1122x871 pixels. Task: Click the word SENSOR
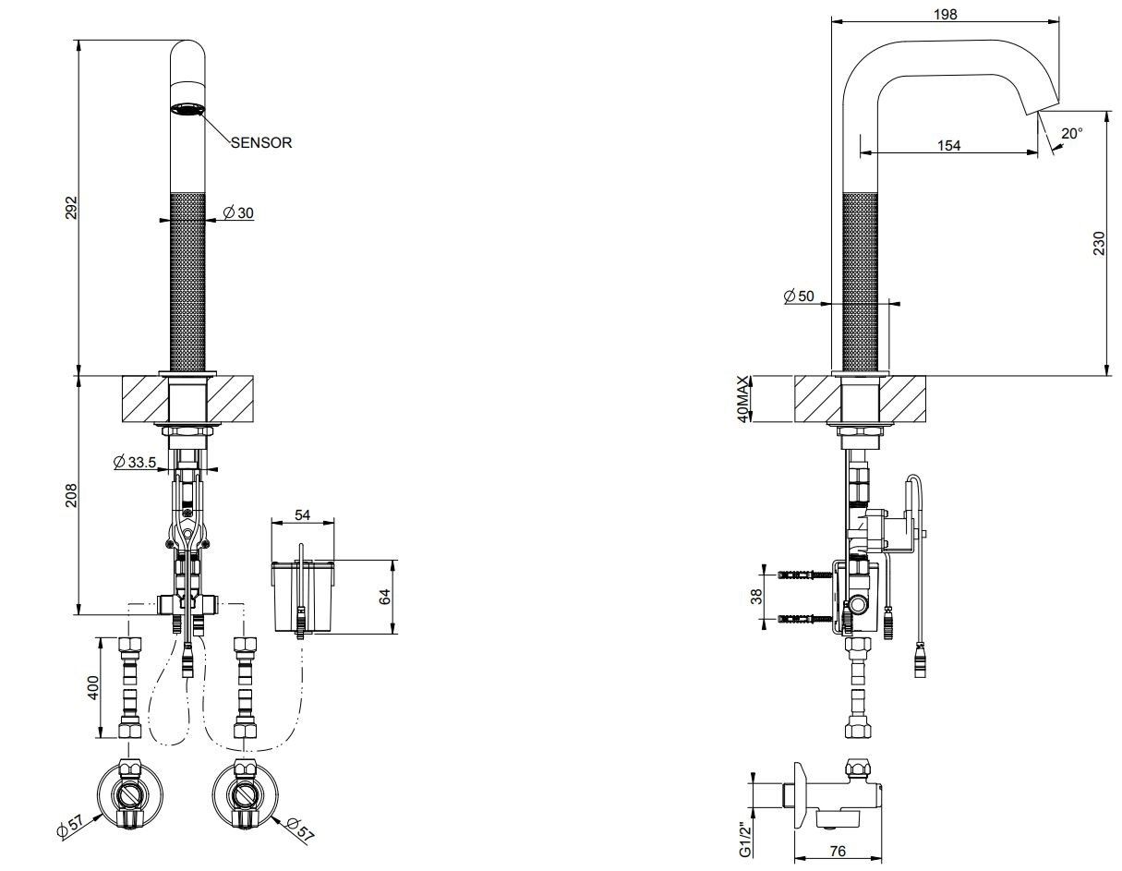(261, 143)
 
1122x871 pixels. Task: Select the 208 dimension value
(71, 495)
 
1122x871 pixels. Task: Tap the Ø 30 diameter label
(239, 213)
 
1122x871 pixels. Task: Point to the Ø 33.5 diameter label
(134, 462)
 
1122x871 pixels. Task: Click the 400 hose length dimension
(93, 686)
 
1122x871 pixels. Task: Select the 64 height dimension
(386, 596)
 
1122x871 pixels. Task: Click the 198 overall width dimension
(945, 14)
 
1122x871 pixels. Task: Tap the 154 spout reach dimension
(949, 145)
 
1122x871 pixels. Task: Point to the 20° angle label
(1071, 134)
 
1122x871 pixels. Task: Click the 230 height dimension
(1099, 244)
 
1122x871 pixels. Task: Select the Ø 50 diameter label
(799, 296)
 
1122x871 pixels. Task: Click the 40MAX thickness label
(742, 399)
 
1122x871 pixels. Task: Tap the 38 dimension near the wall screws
(756, 596)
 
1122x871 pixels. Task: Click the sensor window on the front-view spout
(187, 109)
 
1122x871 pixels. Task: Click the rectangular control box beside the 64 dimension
(302, 596)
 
